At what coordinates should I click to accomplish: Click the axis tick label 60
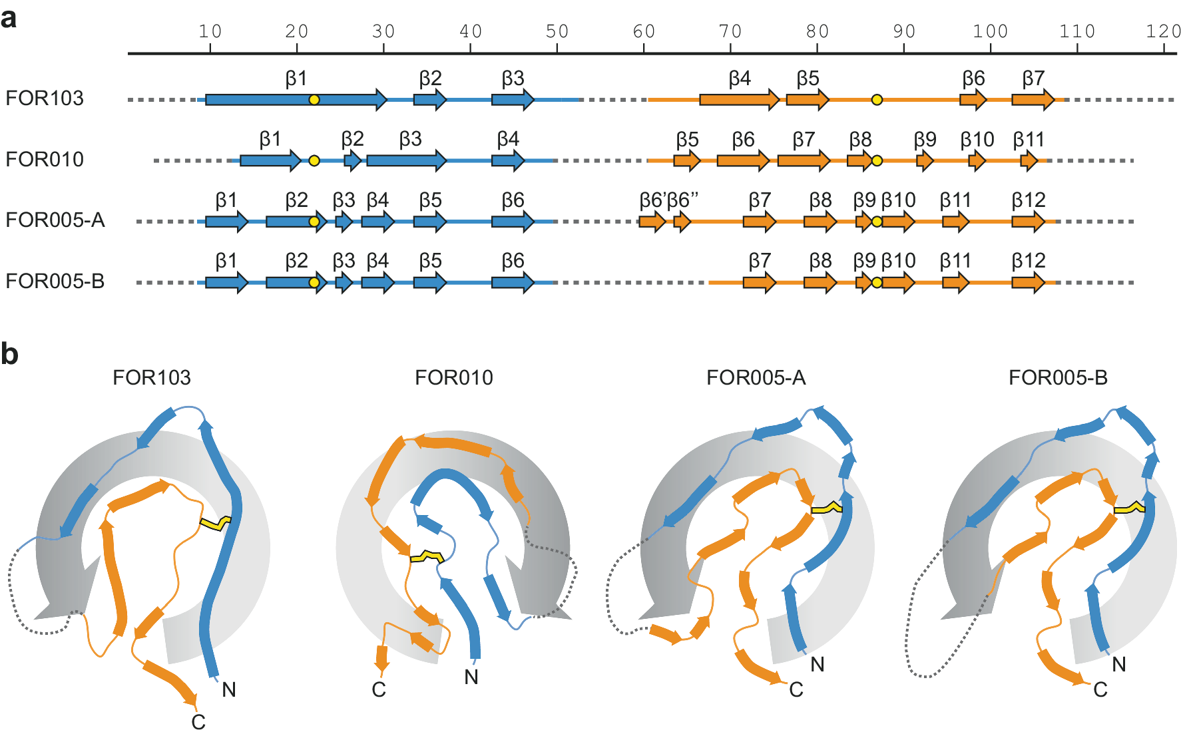[644, 31]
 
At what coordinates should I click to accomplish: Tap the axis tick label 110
[1077, 31]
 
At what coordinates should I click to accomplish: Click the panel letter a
[9, 18]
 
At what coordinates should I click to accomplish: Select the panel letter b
[9, 354]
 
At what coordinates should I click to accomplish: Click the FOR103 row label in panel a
[45, 98]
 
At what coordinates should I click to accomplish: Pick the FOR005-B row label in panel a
[55, 281]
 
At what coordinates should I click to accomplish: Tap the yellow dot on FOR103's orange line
[877, 100]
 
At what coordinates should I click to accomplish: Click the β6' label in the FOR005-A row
[652, 200]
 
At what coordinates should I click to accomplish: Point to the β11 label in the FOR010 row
[1028, 140]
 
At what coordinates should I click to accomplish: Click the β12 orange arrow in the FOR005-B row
[1028, 283]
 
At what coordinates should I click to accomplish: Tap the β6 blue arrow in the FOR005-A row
[512, 222]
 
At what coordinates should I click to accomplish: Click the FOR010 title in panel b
[453, 378]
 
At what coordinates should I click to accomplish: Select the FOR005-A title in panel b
[756, 378]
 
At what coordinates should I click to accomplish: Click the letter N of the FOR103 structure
[229, 689]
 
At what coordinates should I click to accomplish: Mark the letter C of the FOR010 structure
[379, 689]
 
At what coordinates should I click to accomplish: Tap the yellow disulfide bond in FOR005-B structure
[1129, 510]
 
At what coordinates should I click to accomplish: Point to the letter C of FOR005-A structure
[796, 689]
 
